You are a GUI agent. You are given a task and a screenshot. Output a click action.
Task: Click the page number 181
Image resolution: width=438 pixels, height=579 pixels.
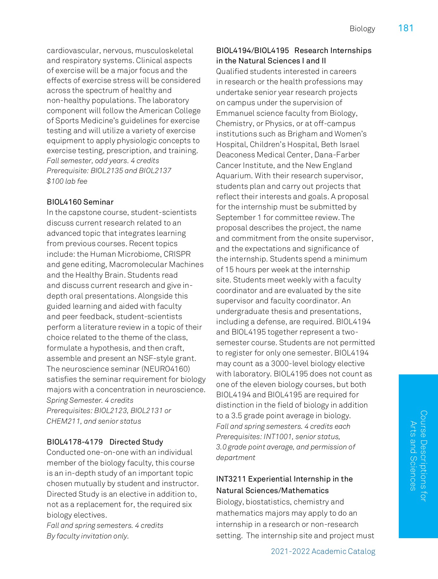[406, 28]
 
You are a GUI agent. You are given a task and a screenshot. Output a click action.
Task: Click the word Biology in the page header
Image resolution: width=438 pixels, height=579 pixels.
[362, 29]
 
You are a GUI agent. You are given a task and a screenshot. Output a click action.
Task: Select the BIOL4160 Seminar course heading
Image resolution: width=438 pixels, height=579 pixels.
[80, 202]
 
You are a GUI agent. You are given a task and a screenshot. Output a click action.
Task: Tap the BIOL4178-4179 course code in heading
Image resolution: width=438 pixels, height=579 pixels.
[75, 442]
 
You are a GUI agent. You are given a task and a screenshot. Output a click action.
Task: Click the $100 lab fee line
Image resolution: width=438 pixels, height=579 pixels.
[67, 181]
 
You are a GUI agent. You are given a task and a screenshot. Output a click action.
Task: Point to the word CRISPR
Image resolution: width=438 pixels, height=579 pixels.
[177, 254]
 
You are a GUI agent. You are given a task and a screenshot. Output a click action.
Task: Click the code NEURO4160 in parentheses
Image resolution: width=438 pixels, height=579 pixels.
[166, 369]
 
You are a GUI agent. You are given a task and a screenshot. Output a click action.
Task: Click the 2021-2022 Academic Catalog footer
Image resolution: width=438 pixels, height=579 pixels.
[323, 551]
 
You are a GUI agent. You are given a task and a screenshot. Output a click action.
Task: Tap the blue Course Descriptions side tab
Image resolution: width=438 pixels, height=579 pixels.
[418, 456]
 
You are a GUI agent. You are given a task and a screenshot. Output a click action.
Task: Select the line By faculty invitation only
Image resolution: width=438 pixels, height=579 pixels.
[87, 536]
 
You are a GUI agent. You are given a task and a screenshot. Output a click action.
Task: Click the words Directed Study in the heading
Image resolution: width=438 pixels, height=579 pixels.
[136, 442]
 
